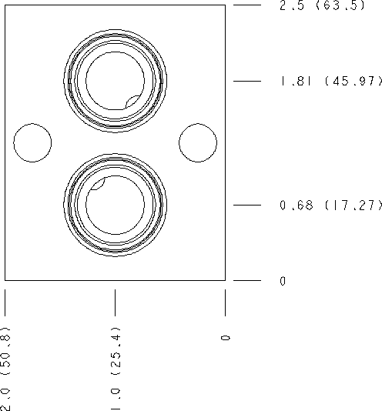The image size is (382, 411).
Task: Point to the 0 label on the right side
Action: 283,282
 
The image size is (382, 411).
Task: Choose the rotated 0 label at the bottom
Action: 225,338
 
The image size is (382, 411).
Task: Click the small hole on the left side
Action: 33,142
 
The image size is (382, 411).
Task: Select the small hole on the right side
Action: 198,142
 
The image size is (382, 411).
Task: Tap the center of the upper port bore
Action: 115,81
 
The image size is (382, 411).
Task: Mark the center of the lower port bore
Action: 115,205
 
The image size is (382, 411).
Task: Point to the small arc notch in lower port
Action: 98,185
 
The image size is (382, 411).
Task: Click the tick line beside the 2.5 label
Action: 248,5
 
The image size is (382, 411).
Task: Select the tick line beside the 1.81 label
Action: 248,81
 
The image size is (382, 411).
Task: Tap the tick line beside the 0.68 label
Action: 248,205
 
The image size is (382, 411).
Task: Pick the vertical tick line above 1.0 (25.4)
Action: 116,302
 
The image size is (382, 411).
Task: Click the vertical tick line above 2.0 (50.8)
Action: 5,302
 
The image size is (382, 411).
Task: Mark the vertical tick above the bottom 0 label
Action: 225,302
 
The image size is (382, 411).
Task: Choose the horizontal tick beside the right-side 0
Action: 248,281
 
